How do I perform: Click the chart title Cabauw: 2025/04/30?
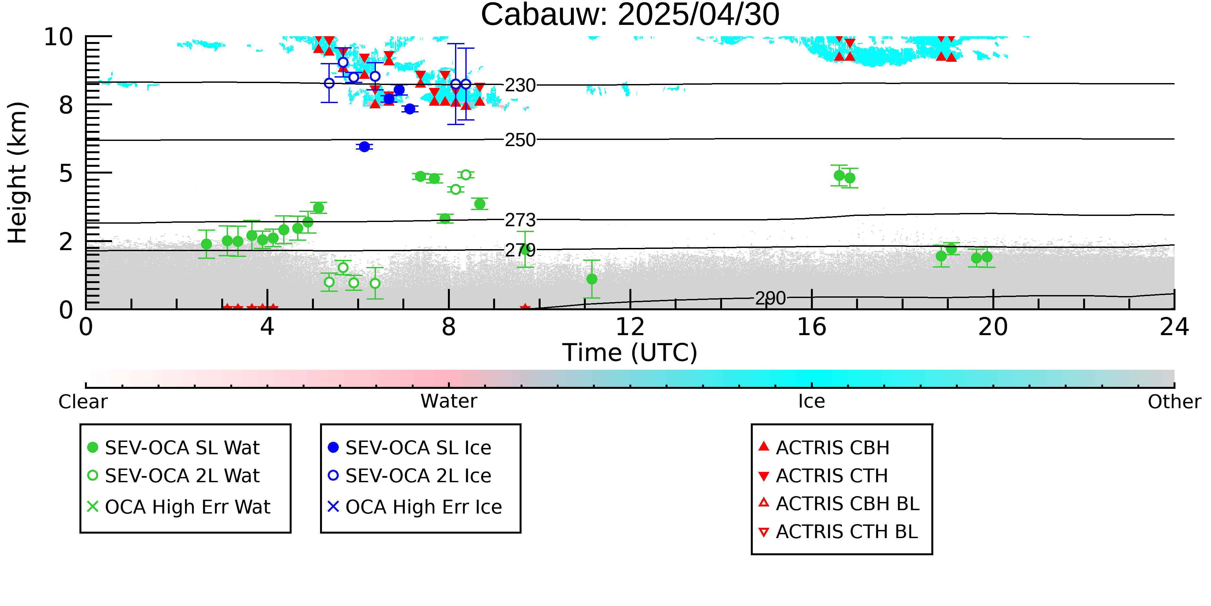click(630, 15)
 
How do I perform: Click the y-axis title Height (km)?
click(18, 173)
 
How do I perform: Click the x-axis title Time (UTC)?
click(630, 353)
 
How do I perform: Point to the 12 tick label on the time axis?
click(630, 327)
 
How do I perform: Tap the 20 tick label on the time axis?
click(993, 327)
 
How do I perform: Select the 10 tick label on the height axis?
click(58, 37)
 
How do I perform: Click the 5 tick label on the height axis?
click(66, 174)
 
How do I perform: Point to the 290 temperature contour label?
click(771, 298)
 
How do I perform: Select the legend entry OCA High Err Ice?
click(415, 507)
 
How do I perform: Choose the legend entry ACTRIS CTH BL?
click(839, 532)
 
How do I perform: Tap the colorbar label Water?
click(449, 401)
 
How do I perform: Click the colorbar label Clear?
click(83, 402)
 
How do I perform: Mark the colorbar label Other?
click(1174, 402)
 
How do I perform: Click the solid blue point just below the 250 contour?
click(364, 147)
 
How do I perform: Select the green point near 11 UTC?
click(592, 279)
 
